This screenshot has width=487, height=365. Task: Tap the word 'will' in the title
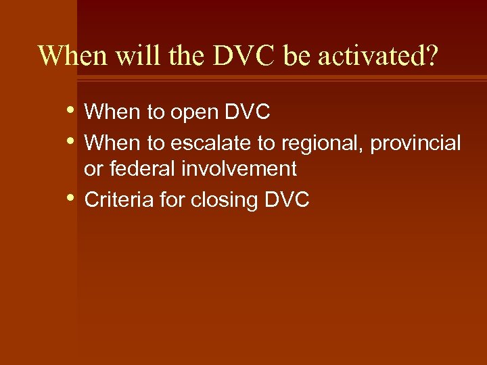coord(135,56)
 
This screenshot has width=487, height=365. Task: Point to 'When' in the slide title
coord(71,56)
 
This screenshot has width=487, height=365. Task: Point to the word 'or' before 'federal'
coord(93,168)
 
